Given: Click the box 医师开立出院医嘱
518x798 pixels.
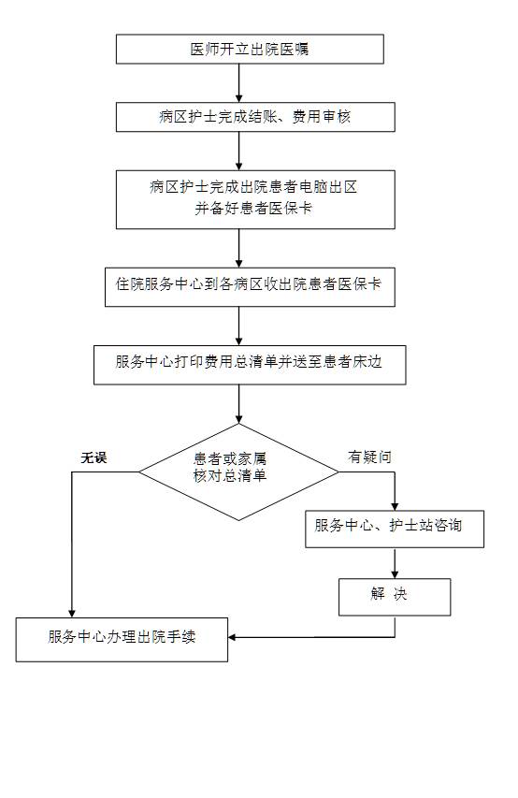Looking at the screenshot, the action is [x=250, y=49].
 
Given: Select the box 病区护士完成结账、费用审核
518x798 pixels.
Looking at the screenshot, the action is [x=255, y=117].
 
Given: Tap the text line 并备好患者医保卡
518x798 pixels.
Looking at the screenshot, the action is [x=253, y=208].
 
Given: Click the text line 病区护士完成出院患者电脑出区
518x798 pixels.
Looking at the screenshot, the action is [x=253, y=187].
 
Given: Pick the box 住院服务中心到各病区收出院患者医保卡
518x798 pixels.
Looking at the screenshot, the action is [x=250, y=287].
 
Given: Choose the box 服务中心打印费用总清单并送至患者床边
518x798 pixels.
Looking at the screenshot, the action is [x=250, y=365].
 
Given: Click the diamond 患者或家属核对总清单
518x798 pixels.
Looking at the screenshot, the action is [x=238, y=472].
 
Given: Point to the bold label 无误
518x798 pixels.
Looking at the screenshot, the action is [x=94, y=457].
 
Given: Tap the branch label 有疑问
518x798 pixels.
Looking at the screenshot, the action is [x=370, y=457].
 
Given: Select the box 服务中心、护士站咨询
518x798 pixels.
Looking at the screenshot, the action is [x=395, y=530].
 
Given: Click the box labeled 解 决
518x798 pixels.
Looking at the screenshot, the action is [x=395, y=597].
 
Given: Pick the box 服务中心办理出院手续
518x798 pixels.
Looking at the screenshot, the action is [x=122, y=640].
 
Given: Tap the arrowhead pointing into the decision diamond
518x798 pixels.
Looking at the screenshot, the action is [x=238, y=419].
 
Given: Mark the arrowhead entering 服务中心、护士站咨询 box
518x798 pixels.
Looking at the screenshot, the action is [x=395, y=506].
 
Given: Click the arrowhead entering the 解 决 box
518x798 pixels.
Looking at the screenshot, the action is [x=395, y=574].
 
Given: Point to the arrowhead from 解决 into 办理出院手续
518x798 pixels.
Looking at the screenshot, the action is [x=232, y=637].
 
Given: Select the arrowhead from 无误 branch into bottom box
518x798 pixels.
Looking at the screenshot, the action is [x=72, y=614].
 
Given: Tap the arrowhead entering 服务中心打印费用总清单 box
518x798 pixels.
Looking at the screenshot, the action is [x=238, y=341].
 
